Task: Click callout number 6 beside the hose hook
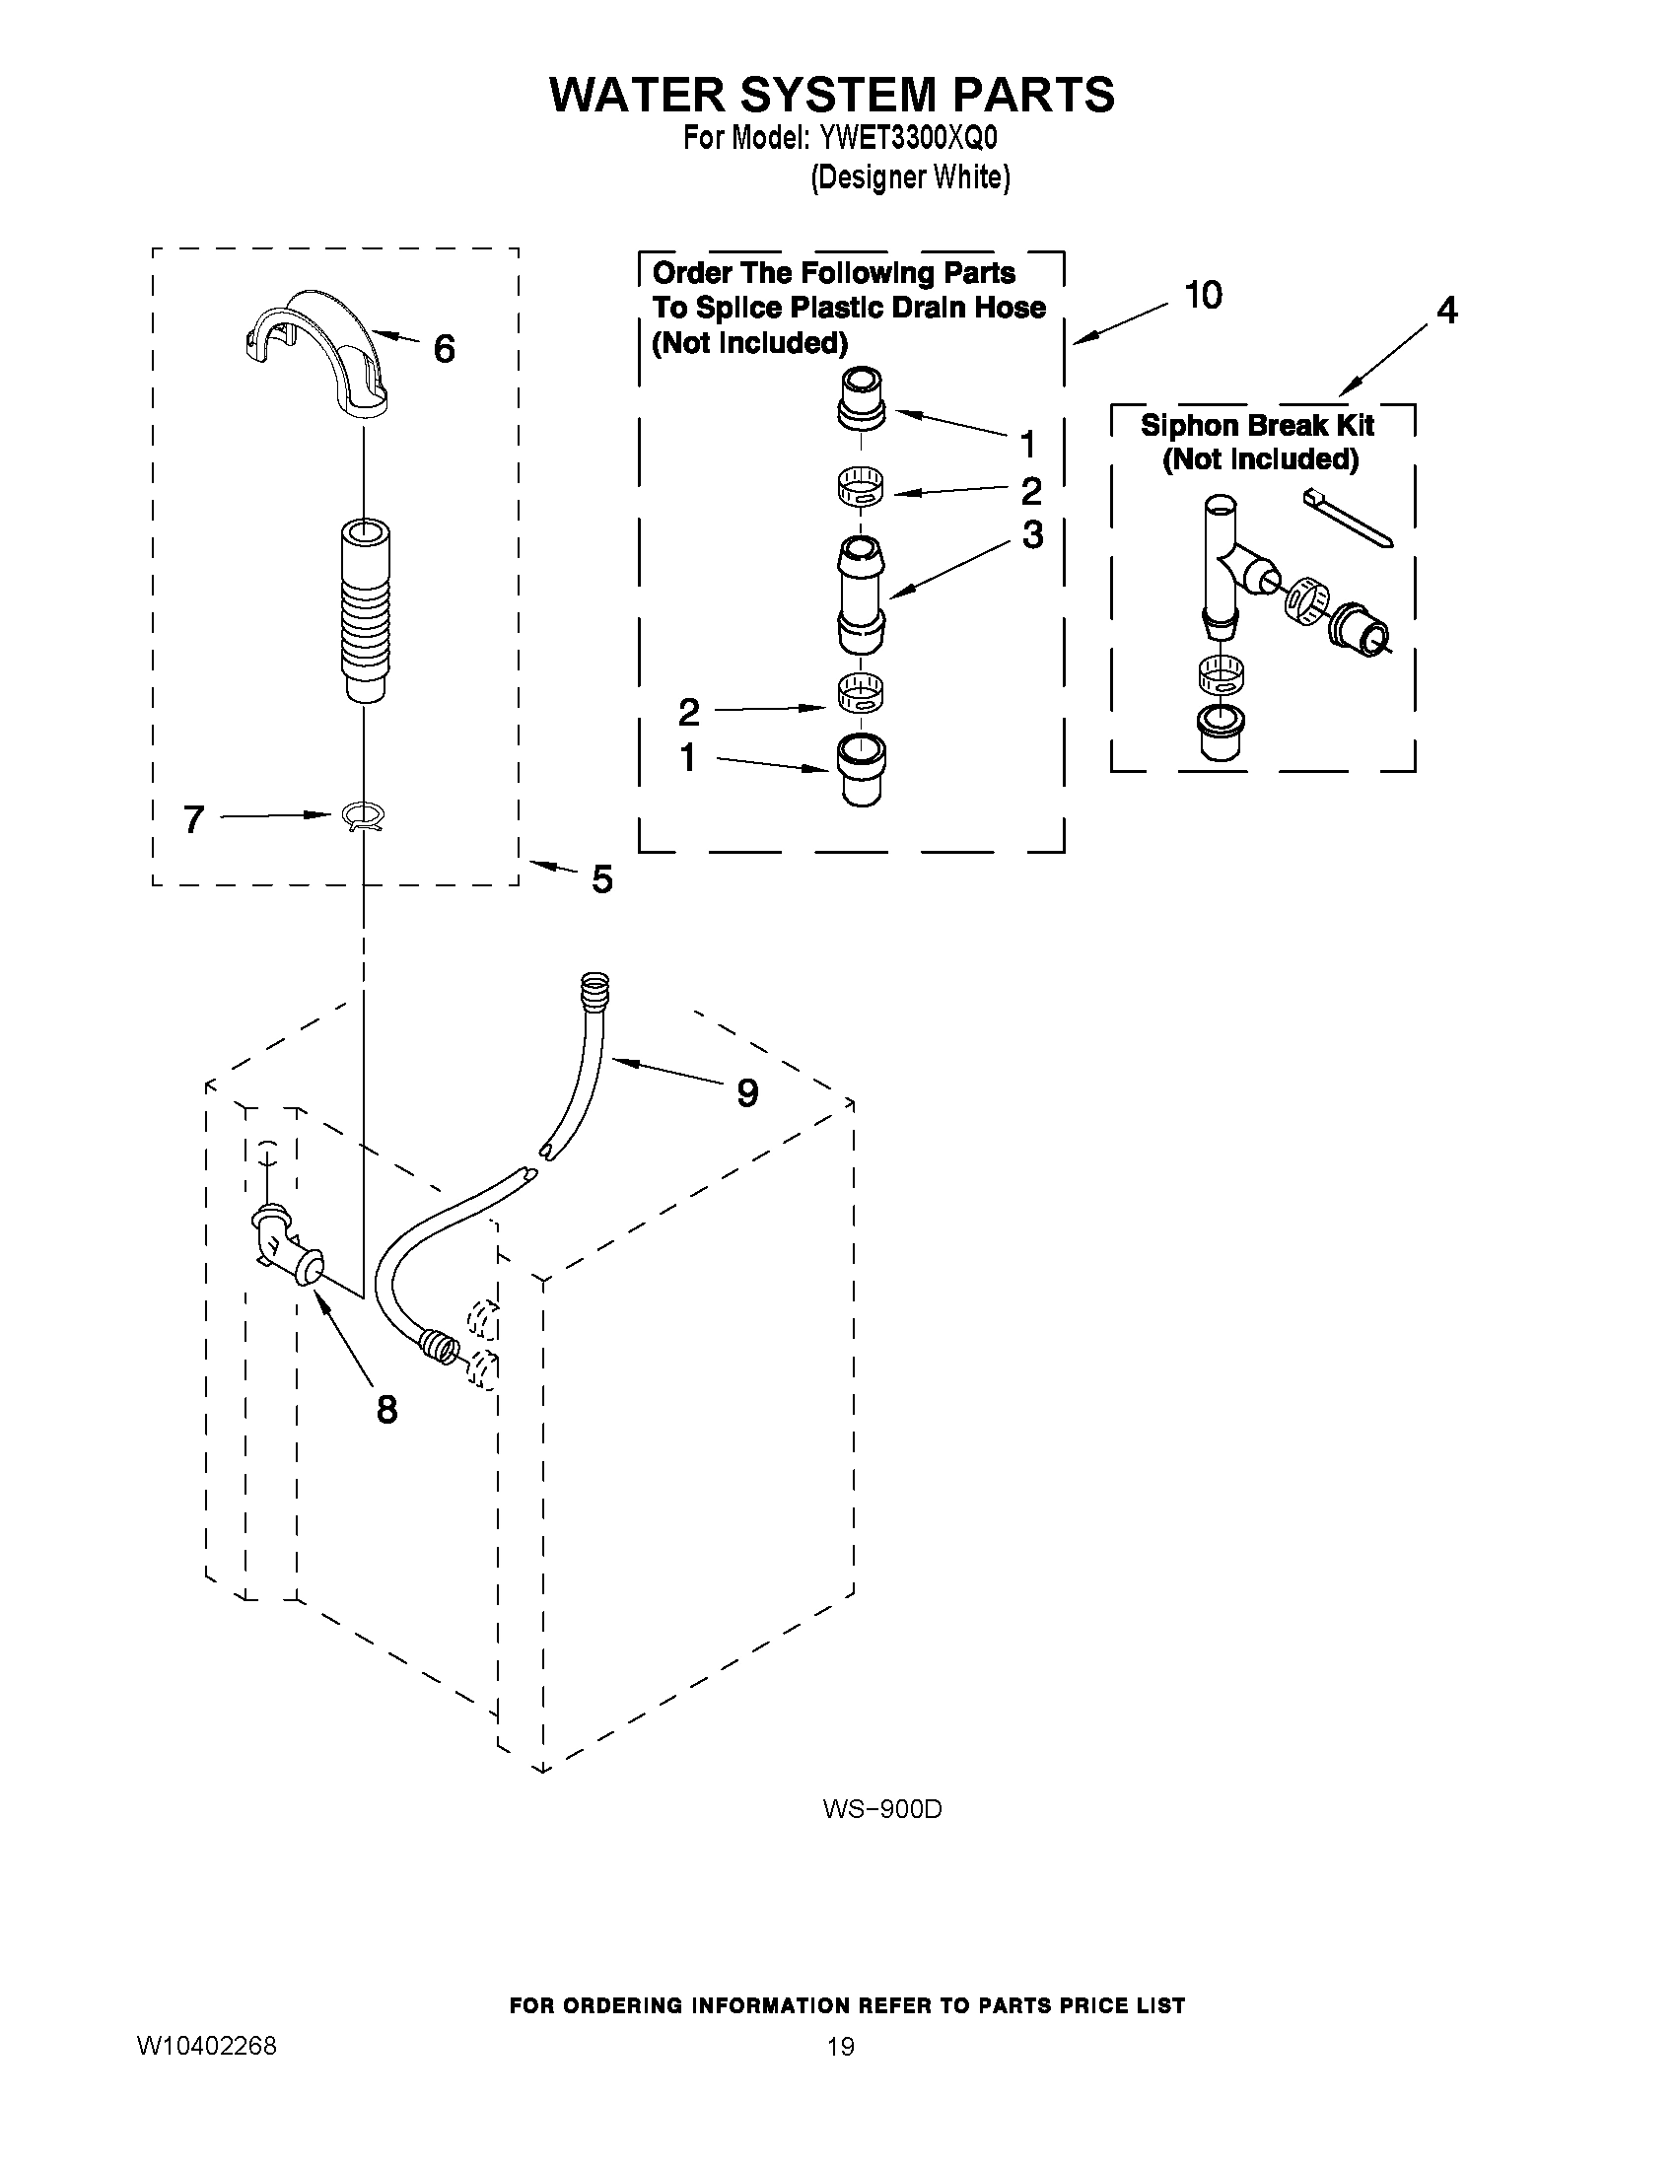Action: [x=444, y=349]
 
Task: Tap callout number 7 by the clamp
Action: [x=194, y=819]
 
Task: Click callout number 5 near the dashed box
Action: [x=602, y=879]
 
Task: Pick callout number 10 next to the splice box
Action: [x=1203, y=295]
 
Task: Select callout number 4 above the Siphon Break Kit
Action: [x=1447, y=311]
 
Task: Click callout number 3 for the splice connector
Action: [x=1033, y=535]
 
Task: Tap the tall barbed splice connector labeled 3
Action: [x=861, y=594]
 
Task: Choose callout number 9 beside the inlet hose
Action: [x=747, y=1093]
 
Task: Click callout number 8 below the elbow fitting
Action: [x=386, y=1408]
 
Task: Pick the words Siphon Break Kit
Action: [x=1257, y=425]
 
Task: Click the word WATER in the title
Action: [x=636, y=95]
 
